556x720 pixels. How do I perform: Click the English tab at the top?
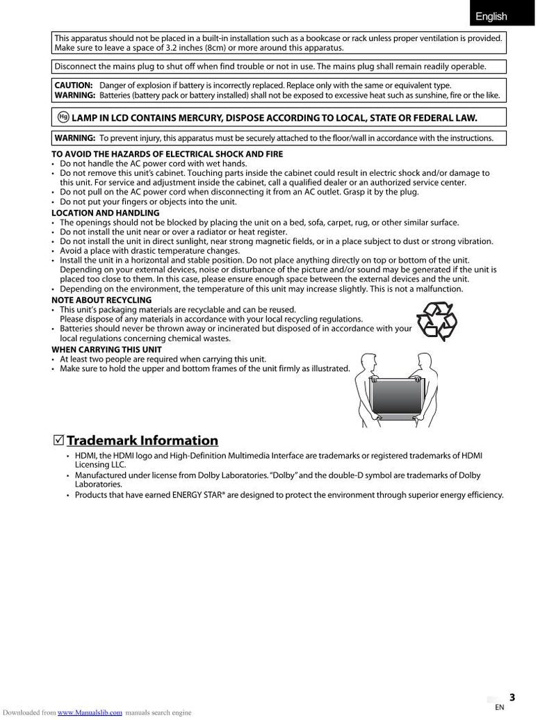tap(491, 16)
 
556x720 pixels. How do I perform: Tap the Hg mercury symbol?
tap(63, 117)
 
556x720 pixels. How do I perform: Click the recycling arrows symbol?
tap(436, 321)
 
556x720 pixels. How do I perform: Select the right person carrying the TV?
tap(429, 393)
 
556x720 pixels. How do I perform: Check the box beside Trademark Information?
tap(58, 440)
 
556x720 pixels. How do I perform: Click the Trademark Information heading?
tap(142, 441)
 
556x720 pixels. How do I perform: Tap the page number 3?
tap(512, 697)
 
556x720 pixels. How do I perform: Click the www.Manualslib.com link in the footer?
tap(90, 712)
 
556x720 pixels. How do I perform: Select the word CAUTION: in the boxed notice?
tap(74, 85)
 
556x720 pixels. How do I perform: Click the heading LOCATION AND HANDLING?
tap(106, 213)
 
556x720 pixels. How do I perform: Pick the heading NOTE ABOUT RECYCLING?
tap(101, 300)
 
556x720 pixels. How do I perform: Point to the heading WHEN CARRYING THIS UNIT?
tap(107, 349)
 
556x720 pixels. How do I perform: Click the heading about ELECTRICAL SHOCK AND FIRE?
tap(167, 154)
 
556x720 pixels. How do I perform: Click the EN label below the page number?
tap(499, 707)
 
